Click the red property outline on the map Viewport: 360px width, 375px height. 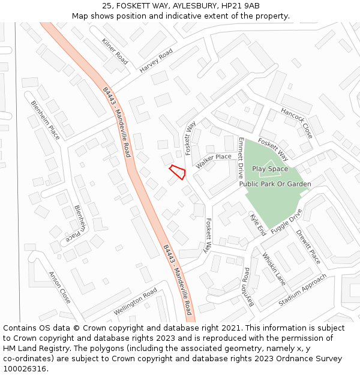tap(178, 172)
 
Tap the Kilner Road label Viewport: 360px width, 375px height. tap(115, 52)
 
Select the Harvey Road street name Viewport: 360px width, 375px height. tap(156, 61)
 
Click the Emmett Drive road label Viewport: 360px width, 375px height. tap(241, 158)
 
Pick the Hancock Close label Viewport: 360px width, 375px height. tap(297, 122)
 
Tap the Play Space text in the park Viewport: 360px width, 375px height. tap(270, 169)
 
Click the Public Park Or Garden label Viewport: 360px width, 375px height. tap(275, 184)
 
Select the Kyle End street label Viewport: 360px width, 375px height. tap(258, 225)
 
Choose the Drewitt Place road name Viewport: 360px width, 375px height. tap(308, 247)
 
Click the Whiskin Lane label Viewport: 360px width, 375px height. tap(274, 268)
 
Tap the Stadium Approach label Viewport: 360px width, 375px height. tap(302, 290)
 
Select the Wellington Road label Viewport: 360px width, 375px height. tap(136, 301)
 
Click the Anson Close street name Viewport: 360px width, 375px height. tap(60, 287)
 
